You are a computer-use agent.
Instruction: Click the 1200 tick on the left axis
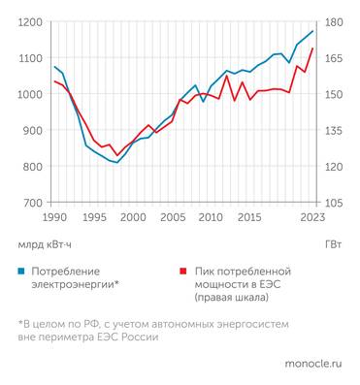30,21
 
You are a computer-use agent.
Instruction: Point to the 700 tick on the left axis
32,203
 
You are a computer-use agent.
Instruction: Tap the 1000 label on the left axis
30,94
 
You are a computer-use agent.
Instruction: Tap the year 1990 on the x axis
54,217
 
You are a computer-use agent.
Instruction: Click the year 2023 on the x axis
312,217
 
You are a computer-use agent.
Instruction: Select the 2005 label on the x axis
172,217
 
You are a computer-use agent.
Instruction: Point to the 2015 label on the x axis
249,217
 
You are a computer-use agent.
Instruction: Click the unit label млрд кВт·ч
45,244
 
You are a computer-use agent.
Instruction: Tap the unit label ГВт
333,244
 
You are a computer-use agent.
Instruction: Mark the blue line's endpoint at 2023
312,31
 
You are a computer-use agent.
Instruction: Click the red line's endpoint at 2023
312,48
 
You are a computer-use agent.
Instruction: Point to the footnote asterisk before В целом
19,323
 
